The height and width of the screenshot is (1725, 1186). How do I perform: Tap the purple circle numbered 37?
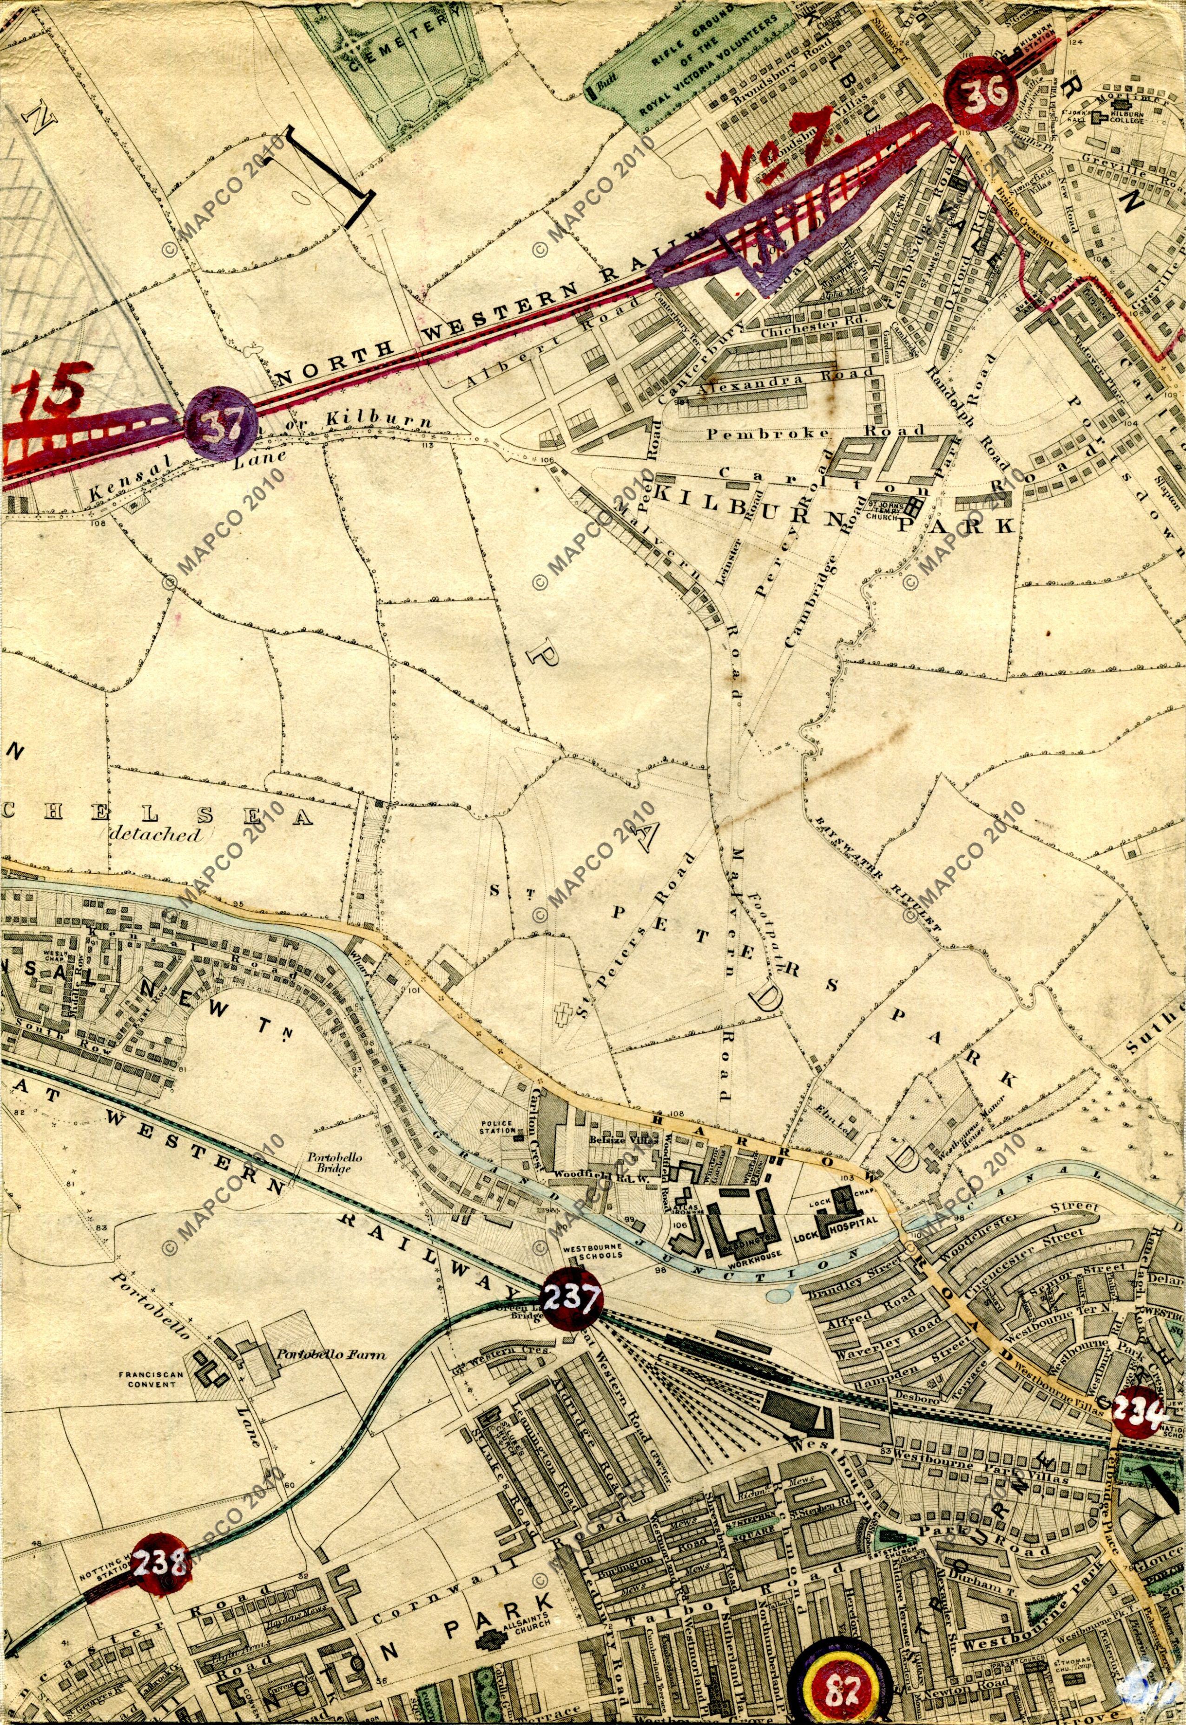tap(221, 425)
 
